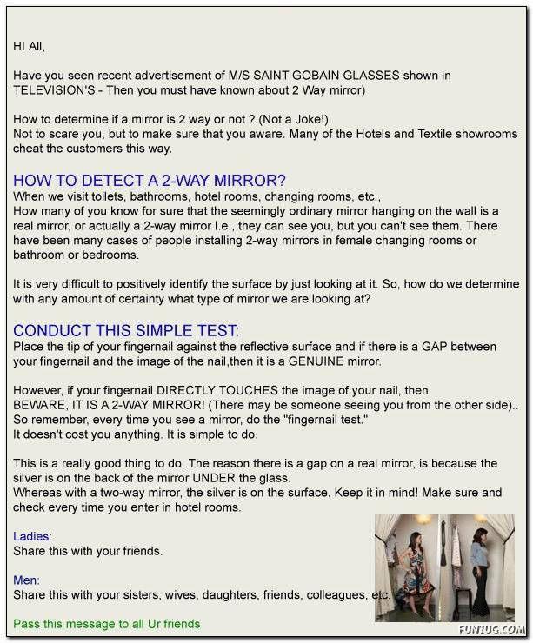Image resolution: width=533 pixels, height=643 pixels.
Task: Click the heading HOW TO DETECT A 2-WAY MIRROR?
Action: (x=150, y=181)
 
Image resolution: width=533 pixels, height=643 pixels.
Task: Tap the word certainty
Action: (x=161, y=299)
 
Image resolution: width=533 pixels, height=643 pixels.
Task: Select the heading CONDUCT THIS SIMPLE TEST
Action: (x=125, y=331)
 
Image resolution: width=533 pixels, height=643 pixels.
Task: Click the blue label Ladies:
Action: (x=32, y=536)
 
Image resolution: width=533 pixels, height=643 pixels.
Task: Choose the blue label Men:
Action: (x=27, y=580)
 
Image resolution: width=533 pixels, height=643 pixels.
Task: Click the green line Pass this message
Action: (x=106, y=624)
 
